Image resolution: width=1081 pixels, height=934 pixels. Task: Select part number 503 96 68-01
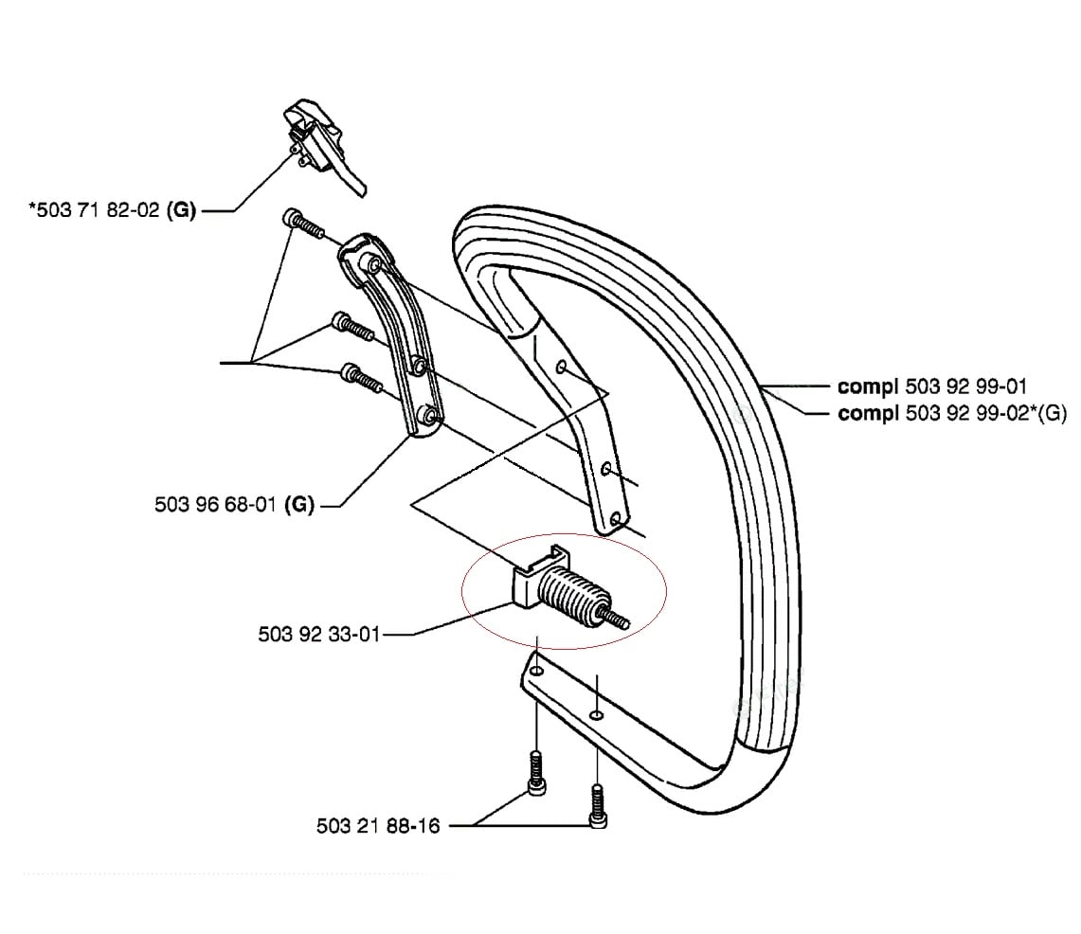(x=216, y=505)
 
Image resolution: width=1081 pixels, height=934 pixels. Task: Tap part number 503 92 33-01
(x=319, y=634)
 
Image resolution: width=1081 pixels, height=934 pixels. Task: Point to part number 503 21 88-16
(x=378, y=825)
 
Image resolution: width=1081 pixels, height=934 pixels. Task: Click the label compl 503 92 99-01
(x=932, y=386)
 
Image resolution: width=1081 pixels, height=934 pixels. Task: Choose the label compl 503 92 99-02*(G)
(x=951, y=413)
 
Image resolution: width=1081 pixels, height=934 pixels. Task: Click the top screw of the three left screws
(x=302, y=224)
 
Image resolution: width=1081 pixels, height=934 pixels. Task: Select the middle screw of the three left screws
(x=353, y=327)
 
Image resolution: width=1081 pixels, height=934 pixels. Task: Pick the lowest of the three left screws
(x=361, y=377)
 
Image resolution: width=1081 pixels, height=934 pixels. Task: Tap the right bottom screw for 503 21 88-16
(x=597, y=805)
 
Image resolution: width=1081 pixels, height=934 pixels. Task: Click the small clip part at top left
(x=323, y=146)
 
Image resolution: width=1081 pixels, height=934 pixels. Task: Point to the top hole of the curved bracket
(x=373, y=264)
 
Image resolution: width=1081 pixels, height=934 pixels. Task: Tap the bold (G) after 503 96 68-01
(x=300, y=505)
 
